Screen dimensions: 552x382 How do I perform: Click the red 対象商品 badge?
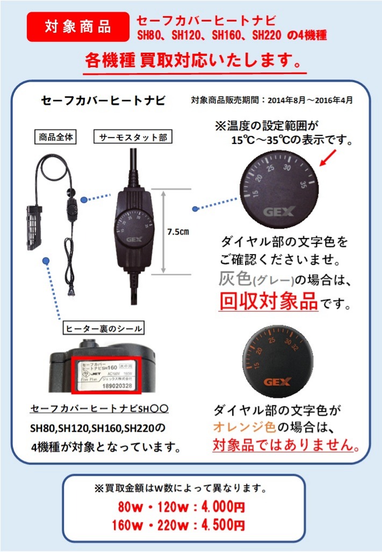point(78,27)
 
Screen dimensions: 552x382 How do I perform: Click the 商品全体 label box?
point(55,137)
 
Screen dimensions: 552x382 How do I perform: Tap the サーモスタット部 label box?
point(133,137)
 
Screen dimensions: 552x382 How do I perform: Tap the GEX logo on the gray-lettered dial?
point(278,212)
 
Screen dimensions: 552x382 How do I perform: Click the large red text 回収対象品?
point(269,302)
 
